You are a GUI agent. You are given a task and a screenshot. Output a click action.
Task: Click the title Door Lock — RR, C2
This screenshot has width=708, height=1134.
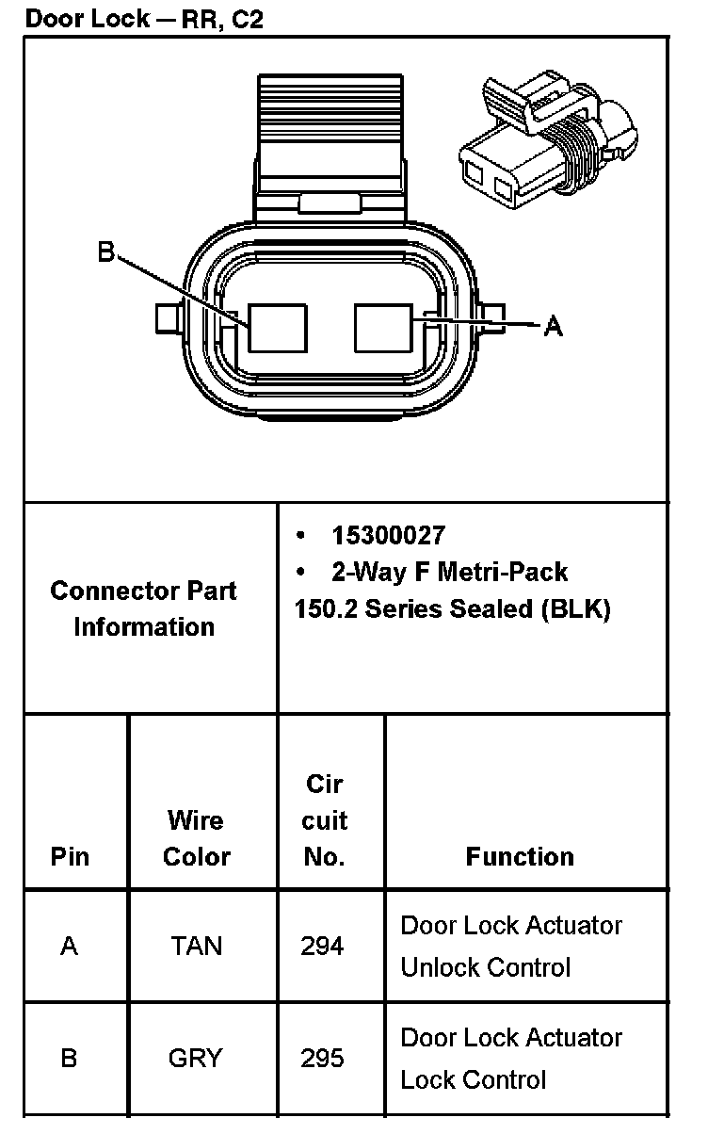point(144,18)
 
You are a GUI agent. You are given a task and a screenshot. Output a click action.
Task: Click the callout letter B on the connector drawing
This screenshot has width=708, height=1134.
point(106,251)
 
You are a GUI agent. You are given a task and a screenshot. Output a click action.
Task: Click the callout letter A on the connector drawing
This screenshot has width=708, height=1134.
point(554,326)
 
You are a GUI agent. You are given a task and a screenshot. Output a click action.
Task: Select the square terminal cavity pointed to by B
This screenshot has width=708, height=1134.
point(277,328)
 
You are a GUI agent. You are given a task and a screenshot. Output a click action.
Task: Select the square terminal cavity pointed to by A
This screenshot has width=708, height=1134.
point(383,328)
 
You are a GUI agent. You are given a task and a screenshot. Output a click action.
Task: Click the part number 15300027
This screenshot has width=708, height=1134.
point(388,536)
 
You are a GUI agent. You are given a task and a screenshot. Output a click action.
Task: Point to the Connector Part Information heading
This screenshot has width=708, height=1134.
point(144,608)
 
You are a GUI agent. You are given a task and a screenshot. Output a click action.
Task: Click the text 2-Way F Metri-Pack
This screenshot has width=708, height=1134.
point(449,572)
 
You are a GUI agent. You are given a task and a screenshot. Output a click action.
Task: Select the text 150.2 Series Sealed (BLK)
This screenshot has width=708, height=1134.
point(452,608)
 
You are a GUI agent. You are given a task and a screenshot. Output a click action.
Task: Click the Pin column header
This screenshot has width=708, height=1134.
point(71,856)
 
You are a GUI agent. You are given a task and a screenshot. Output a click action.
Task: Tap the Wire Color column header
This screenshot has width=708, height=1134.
point(197,838)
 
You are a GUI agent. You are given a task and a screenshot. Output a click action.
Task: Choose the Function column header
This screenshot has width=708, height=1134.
point(520,856)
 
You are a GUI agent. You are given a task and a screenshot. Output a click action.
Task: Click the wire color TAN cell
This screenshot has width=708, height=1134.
point(197,946)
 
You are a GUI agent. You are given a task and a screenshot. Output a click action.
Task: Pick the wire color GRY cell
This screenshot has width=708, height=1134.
point(196,1058)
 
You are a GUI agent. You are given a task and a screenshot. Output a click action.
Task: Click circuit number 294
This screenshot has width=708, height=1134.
point(322,946)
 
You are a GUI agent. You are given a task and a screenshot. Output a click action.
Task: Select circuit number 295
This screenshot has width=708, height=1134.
point(322,1058)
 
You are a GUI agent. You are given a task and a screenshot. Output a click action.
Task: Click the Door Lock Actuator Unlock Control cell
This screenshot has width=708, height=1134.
point(511,946)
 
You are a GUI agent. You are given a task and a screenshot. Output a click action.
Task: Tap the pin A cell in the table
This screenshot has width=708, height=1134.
point(69,946)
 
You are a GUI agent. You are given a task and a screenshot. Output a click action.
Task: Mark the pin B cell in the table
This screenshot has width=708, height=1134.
point(69,1058)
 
